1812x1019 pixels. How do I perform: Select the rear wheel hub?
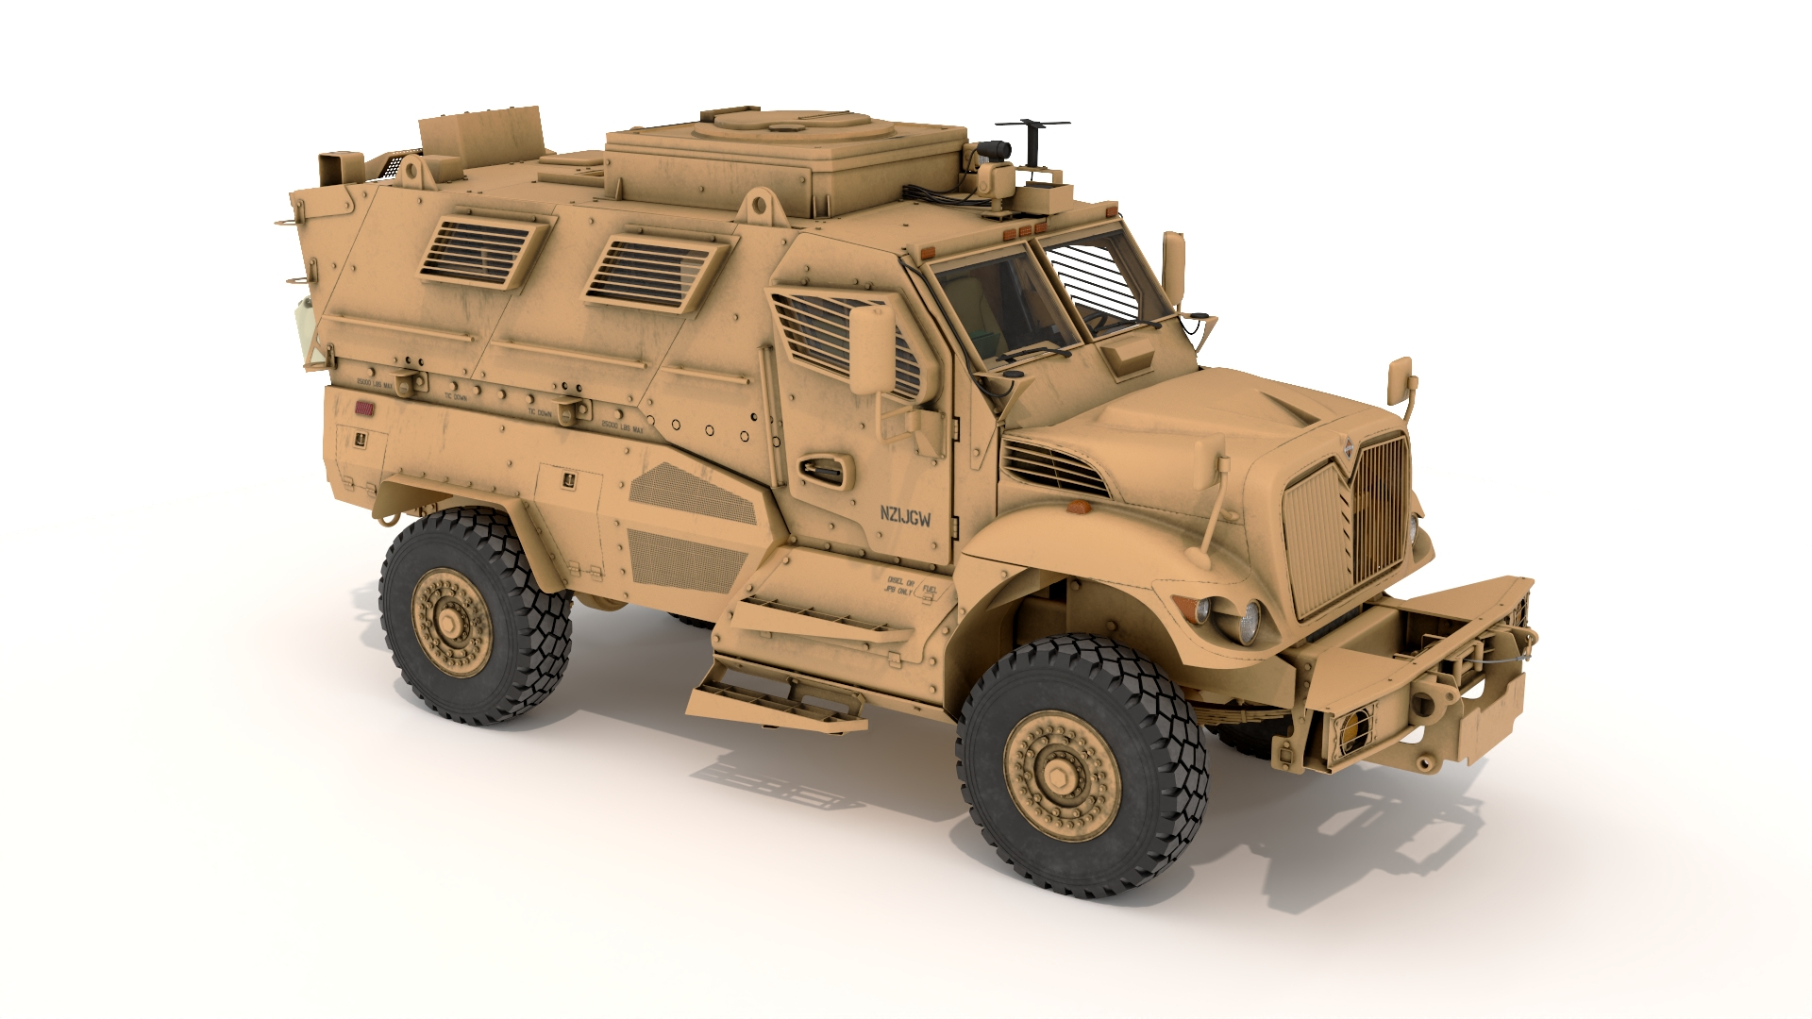pos(451,622)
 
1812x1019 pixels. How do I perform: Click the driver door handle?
pos(823,469)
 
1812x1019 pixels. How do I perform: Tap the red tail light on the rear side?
pos(364,409)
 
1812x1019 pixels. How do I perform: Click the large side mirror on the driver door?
pos(871,350)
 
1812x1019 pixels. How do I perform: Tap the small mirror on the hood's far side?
pos(1399,380)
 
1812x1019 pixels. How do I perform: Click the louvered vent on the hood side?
pos(1053,468)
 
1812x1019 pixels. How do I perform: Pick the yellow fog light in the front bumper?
pos(1353,727)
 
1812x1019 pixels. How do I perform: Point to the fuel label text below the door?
pos(911,586)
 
